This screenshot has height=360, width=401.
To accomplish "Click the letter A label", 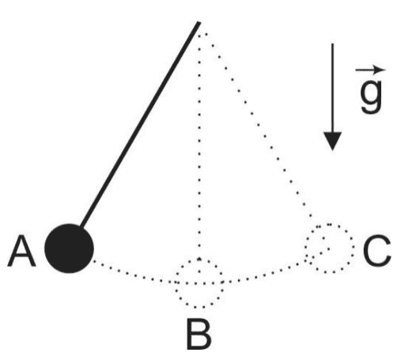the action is tap(21, 252).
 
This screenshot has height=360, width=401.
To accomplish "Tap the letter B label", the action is tap(199, 334).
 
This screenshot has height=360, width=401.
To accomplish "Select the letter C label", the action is tap(376, 251).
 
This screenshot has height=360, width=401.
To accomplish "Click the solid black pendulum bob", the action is tap(69, 248).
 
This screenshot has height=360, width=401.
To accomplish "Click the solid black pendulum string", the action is tap(140, 125).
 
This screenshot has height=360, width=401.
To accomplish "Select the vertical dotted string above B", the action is tap(199, 146).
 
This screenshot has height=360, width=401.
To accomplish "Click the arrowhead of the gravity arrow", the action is tap(332, 141).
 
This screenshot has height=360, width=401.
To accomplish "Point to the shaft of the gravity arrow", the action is tap(332, 88).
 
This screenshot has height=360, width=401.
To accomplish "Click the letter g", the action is tap(372, 94).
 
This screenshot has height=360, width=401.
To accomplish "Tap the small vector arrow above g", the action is tap(370, 70).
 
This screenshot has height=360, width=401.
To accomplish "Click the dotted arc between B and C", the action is tap(263, 275).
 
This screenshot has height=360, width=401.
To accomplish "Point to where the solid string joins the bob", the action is tap(81, 226).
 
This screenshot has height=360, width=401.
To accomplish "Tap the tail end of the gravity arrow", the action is tap(332, 44).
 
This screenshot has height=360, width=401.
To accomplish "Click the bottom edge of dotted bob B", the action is tap(199, 308).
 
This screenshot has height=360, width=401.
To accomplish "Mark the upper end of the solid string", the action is tap(199, 23).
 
